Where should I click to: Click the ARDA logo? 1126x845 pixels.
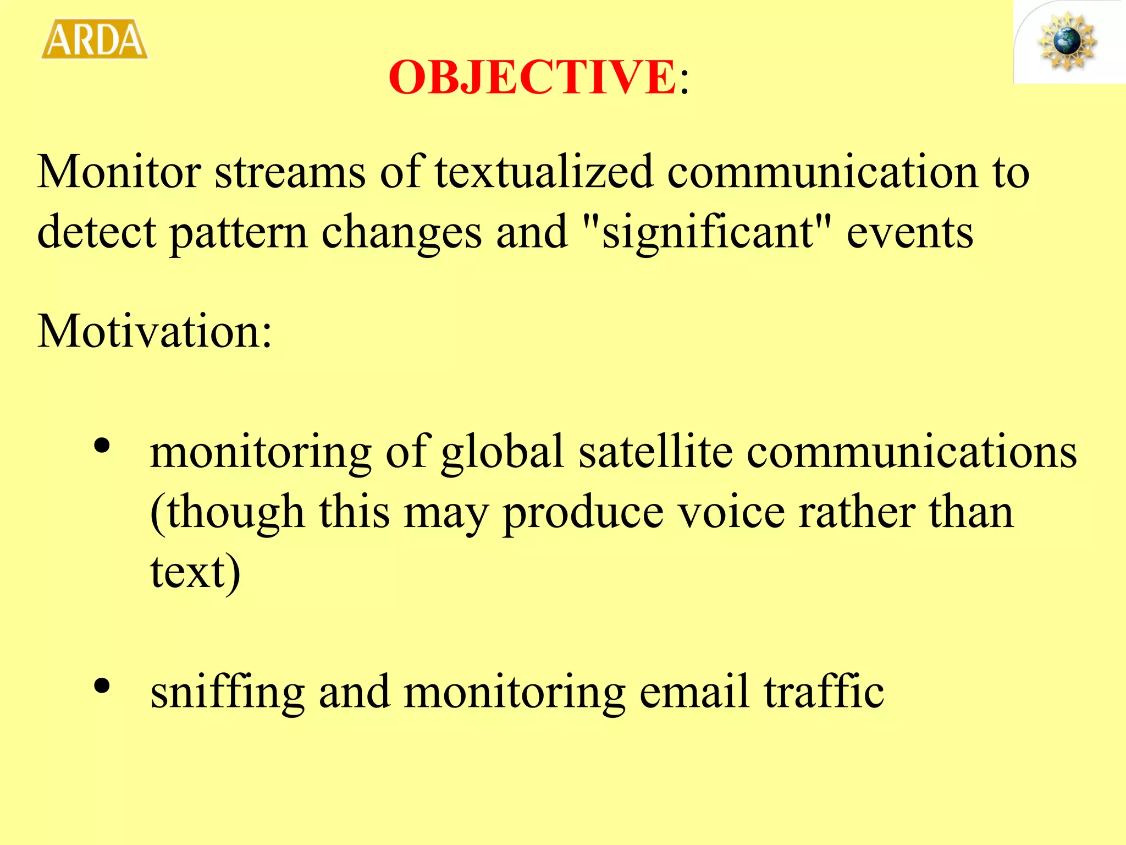tap(95, 39)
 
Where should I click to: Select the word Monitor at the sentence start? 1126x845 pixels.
tap(119, 172)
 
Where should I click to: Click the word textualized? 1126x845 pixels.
tap(544, 172)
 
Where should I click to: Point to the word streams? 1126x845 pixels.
tap(290, 172)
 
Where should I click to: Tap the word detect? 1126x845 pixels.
tap(96, 232)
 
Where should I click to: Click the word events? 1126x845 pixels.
tap(910, 232)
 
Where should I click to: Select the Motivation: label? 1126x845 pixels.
tap(154, 331)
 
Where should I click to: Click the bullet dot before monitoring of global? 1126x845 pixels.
tap(102, 446)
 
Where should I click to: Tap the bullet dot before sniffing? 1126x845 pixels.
tap(102, 686)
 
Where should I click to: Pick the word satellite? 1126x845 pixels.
tap(655, 452)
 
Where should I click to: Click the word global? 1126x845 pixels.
tap(503, 452)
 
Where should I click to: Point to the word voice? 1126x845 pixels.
tap(731, 512)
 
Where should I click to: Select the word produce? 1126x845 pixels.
tap(583, 512)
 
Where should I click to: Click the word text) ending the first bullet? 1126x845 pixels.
tap(195, 572)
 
